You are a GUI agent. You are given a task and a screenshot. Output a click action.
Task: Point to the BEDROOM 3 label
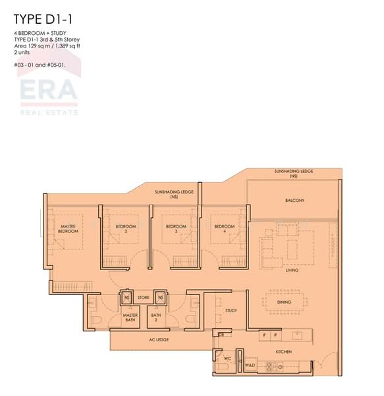176,228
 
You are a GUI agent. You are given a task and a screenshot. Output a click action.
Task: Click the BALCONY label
294,200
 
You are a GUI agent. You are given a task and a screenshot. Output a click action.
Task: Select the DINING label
285,302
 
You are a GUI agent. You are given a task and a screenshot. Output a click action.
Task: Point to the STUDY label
231,310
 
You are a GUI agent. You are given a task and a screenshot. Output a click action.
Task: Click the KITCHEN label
284,352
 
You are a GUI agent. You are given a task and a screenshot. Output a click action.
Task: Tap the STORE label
143,298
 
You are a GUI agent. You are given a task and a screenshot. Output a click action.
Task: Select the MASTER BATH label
130,318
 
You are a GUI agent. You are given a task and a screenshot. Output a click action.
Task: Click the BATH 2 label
156,318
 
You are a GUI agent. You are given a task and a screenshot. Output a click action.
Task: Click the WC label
226,359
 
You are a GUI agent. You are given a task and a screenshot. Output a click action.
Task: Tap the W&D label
250,364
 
